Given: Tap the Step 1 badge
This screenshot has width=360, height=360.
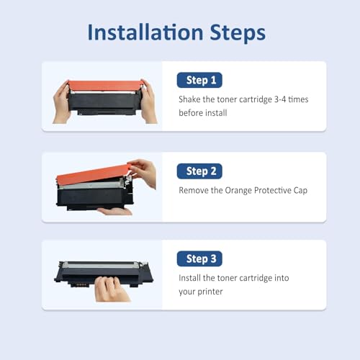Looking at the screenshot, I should [199, 80].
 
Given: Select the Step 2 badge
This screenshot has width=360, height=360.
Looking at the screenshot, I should [199, 171].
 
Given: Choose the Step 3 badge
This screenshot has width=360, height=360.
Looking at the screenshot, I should [199, 258].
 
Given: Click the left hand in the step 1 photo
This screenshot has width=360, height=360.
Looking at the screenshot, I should [60, 102].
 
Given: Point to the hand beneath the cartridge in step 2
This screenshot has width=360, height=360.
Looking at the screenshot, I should [115, 211].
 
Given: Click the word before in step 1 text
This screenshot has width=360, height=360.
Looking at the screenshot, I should [192, 114].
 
